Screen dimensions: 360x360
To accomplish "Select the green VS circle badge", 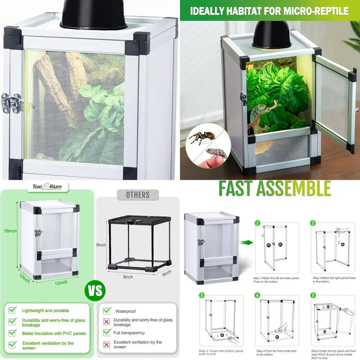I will click(x=95, y=291).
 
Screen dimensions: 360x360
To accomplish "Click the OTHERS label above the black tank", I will click(x=138, y=195).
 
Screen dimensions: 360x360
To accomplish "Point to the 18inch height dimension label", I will click(x=10, y=231).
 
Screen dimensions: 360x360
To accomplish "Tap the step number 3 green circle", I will click(x=202, y=296).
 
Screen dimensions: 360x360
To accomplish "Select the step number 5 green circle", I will click(x=313, y=296).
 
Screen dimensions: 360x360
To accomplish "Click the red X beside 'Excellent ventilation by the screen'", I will click(x=107, y=345).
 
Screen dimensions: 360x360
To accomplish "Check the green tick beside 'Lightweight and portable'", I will click(x=13, y=310).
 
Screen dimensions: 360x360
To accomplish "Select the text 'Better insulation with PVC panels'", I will click(x=54, y=333).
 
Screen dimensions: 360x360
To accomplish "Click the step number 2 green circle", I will click(x=313, y=223).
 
